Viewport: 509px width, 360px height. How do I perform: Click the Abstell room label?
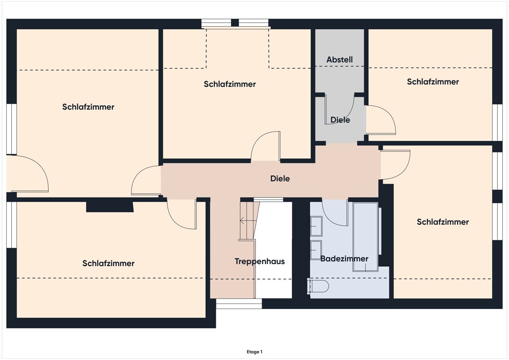click(x=339, y=59)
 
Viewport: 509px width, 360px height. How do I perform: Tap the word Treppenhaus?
click(x=260, y=262)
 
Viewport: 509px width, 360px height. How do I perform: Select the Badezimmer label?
click(x=344, y=259)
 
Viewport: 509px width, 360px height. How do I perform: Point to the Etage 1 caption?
click(x=255, y=352)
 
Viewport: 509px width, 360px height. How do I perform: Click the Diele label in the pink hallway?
click(x=280, y=179)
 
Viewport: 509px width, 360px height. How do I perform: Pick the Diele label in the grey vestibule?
click(x=340, y=120)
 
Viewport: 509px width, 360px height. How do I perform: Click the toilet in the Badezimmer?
click(x=318, y=286)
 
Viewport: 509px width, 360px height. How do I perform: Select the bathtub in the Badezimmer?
click(x=365, y=237)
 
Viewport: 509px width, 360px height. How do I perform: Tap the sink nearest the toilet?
click(x=316, y=250)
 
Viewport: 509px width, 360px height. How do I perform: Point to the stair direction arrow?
click(x=248, y=220)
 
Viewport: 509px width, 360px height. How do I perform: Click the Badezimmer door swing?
click(x=335, y=213)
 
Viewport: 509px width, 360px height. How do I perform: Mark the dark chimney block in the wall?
click(x=110, y=206)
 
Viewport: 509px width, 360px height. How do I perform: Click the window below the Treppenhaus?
click(x=239, y=304)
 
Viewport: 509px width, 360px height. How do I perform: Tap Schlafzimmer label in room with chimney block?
click(x=108, y=263)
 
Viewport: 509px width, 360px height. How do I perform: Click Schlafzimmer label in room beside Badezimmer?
click(x=443, y=222)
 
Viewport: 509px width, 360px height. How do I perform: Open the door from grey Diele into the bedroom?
click(x=381, y=120)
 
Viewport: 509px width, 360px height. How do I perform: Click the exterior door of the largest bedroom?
click(x=28, y=174)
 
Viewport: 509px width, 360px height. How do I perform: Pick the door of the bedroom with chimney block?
click(x=182, y=214)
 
